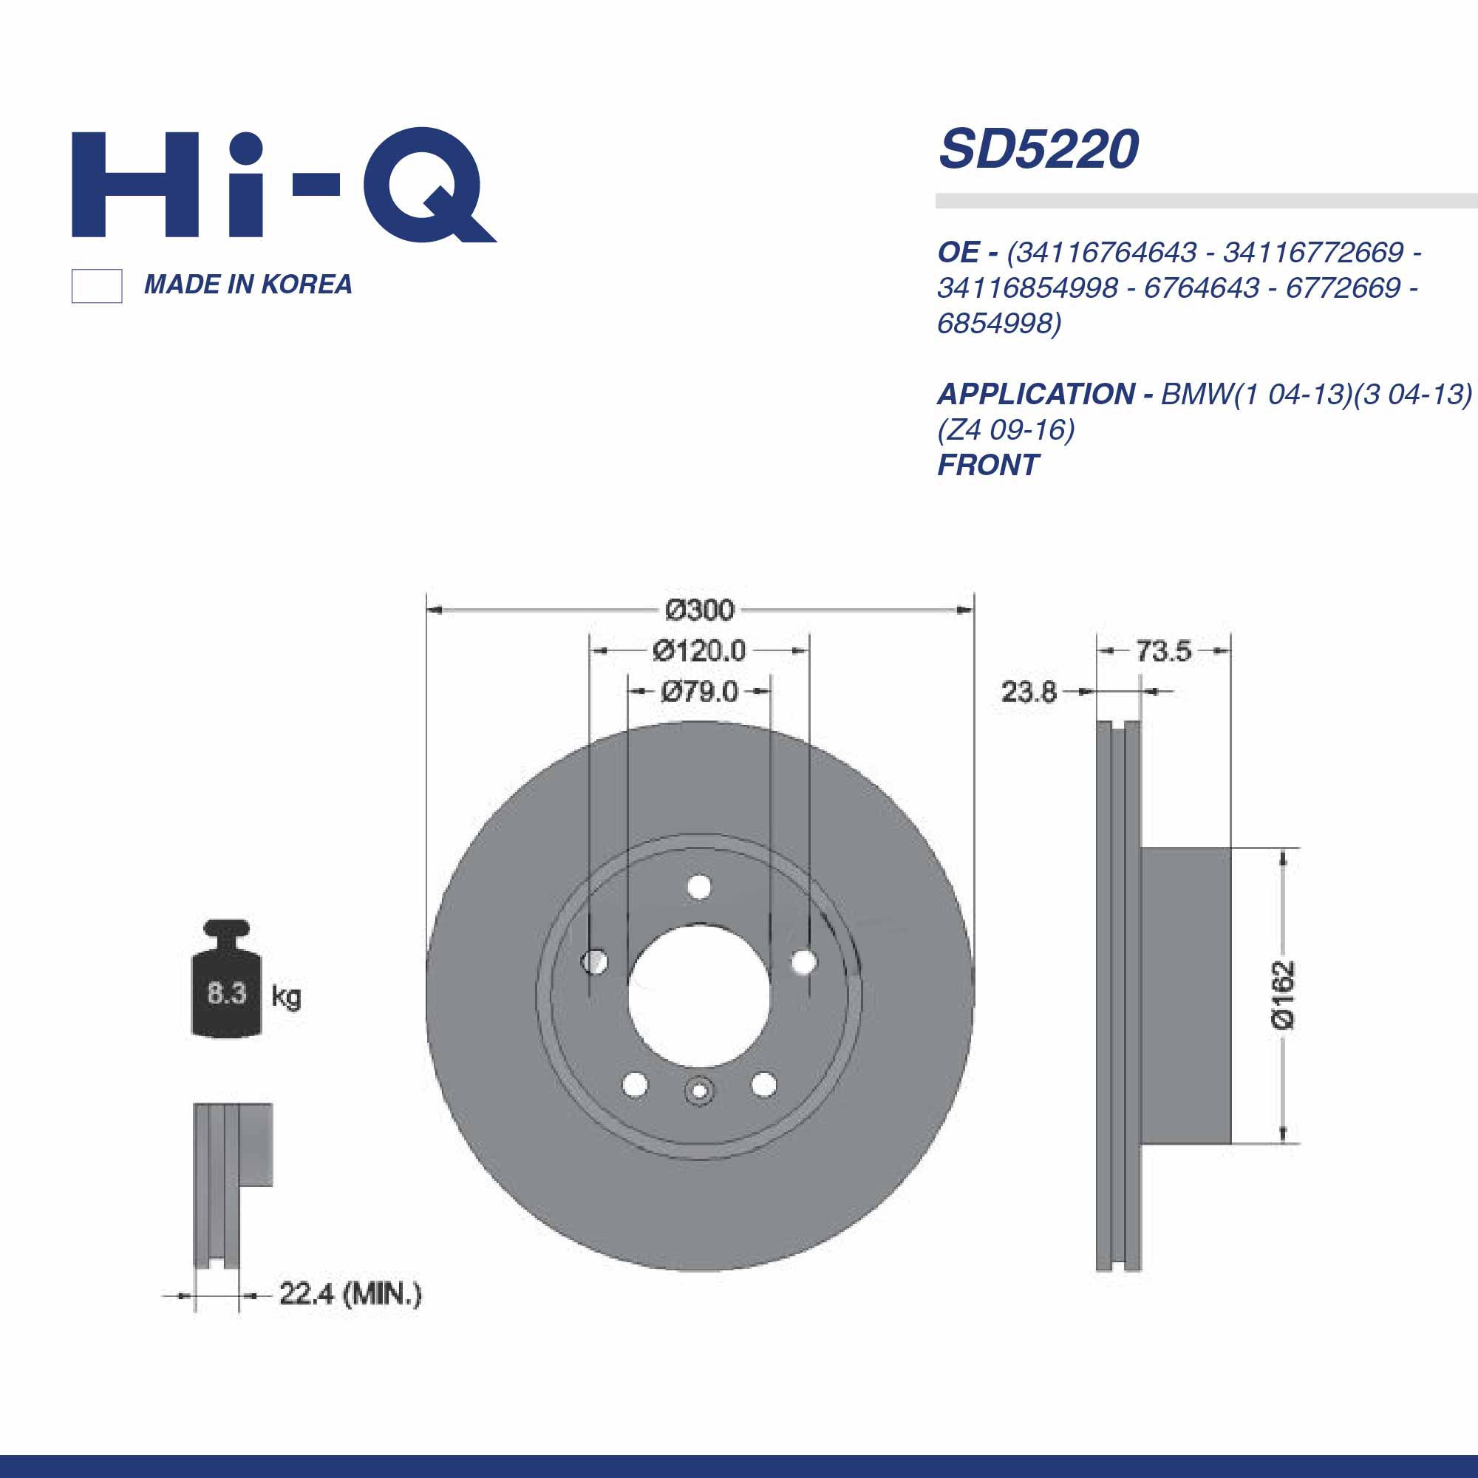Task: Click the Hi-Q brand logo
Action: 283,185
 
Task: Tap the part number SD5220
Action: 1038,149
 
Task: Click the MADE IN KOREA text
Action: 248,285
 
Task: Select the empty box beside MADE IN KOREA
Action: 96,286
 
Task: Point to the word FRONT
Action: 987,465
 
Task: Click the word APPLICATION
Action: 1037,394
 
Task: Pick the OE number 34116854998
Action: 1027,287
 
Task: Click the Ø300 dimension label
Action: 699,610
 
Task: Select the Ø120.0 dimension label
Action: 698,651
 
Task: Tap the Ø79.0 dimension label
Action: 699,692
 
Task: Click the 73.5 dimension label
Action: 1162,651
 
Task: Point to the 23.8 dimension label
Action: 1028,692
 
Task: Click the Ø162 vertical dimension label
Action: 1284,995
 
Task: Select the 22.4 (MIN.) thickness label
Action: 350,1295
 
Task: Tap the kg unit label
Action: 286,996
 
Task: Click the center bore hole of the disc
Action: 698,995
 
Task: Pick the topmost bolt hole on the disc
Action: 699,888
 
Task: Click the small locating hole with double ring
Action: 698,1091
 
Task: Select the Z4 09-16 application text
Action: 1006,430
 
